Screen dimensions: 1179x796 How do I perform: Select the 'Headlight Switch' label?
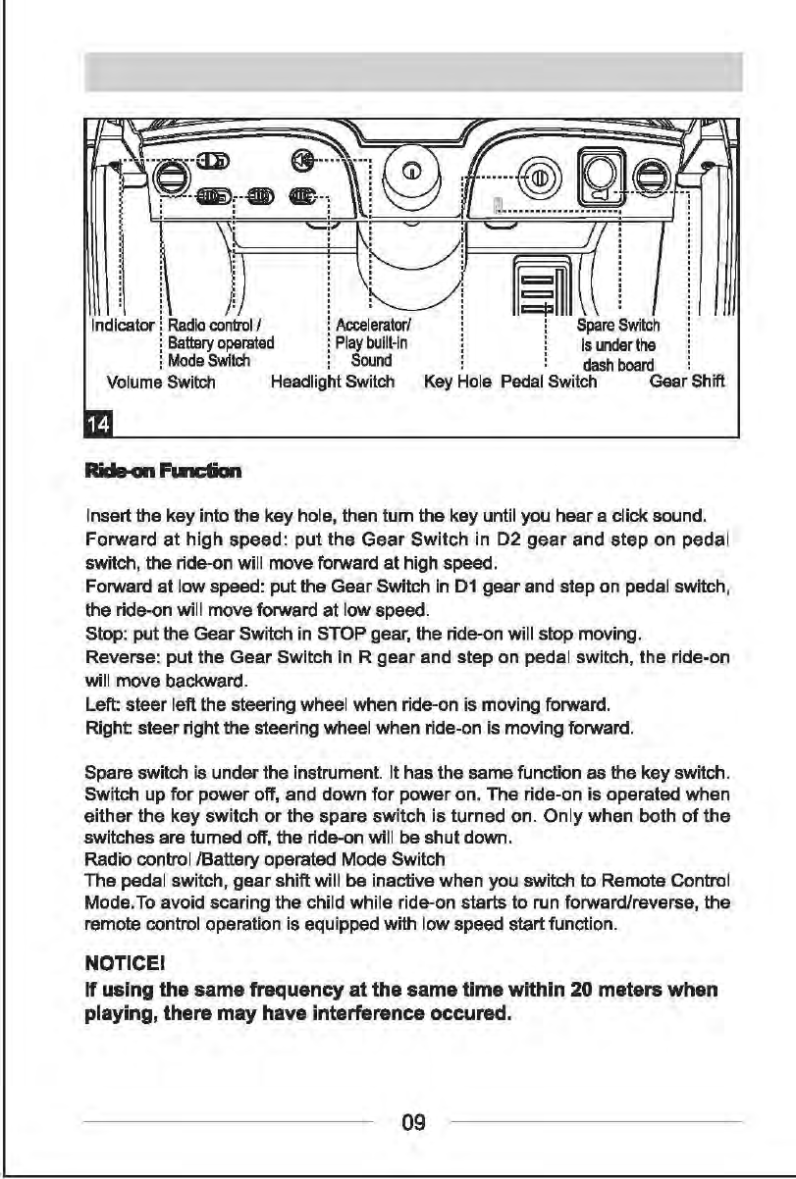pyautogui.click(x=332, y=382)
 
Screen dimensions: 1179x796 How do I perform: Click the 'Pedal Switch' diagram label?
pyautogui.click(x=549, y=382)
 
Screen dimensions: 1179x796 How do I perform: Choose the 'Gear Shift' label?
pyautogui.click(x=687, y=382)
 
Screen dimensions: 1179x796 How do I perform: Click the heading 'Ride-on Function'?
pyautogui.click(x=163, y=472)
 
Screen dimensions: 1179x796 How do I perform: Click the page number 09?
pyautogui.click(x=413, y=1121)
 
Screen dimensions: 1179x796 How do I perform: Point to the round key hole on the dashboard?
pyautogui.click(x=538, y=178)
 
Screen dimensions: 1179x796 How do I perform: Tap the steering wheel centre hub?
pyautogui.click(x=413, y=173)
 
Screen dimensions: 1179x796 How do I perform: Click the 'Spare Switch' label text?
pyautogui.click(x=618, y=326)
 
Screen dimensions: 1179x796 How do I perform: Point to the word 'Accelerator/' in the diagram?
pyautogui.click(x=365, y=326)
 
